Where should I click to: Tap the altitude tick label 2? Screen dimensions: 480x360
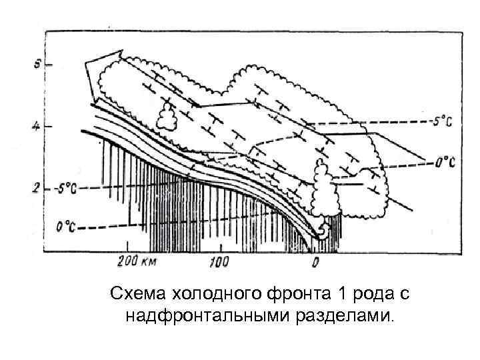(37, 189)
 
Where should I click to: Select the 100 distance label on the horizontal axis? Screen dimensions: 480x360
(218, 261)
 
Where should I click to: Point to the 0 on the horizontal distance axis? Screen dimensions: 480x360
(316, 262)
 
